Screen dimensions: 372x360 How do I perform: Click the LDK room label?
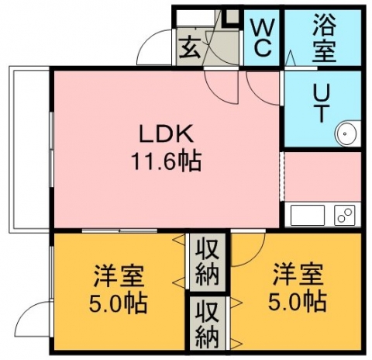pyautogui.click(x=166, y=133)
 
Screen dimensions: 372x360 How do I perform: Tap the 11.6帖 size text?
pyautogui.click(x=166, y=161)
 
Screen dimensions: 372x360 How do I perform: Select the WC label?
pyautogui.click(x=262, y=37)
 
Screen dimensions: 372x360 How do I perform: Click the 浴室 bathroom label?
pyautogui.click(x=324, y=38)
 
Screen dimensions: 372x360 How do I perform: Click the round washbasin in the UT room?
pyautogui.click(x=346, y=133)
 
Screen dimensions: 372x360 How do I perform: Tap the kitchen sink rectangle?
pyautogui.click(x=308, y=215)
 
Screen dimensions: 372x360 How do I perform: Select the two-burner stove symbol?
pyautogui.click(x=344, y=215)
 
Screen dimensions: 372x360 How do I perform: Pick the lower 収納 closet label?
pyautogui.click(x=207, y=325)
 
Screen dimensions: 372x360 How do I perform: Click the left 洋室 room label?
pyautogui.click(x=119, y=275)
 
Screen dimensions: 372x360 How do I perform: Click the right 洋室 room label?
pyautogui.click(x=298, y=274)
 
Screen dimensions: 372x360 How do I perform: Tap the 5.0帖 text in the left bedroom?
pyautogui.click(x=118, y=303)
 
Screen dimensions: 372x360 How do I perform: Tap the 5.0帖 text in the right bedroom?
pyautogui.click(x=298, y=302)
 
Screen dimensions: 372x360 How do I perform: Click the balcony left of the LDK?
pyautogui.click(x=29, y=149)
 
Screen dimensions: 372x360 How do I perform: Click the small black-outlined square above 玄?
pyautogui.click(x=232, y=17)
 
